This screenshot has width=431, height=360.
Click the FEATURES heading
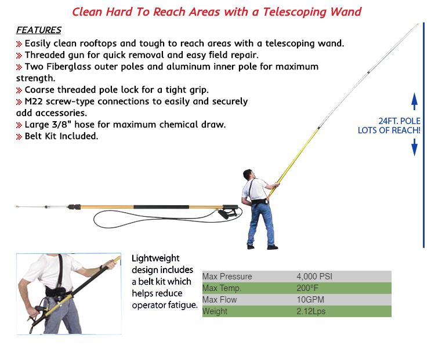[x=39, y=30]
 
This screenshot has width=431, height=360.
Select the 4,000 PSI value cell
[x=314, y=277]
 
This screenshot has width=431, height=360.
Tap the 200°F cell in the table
[x=307, y=288]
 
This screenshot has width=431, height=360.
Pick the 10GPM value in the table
[x=310, y=300]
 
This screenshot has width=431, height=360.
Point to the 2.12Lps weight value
[x=311, y=311]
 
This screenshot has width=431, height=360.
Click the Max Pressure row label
[x=227, y=277]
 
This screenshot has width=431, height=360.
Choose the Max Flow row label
[x=219, y=300]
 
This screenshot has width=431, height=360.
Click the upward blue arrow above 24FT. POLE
[x=414, y=101]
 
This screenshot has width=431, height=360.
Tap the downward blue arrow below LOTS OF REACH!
[x=414, y=147]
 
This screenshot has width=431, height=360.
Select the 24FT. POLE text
[x=400, y=121]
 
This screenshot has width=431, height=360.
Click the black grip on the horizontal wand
[x=161, y=207]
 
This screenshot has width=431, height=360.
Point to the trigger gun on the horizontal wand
[x=229, y=212]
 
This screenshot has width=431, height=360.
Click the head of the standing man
[x=248, y=174]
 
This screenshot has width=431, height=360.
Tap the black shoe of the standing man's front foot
[x=273, y=247]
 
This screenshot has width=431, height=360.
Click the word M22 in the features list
[x=34, y=101]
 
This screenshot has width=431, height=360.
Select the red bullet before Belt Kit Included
[x=19, y=136]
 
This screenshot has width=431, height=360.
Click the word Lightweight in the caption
[x=155, y=258]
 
